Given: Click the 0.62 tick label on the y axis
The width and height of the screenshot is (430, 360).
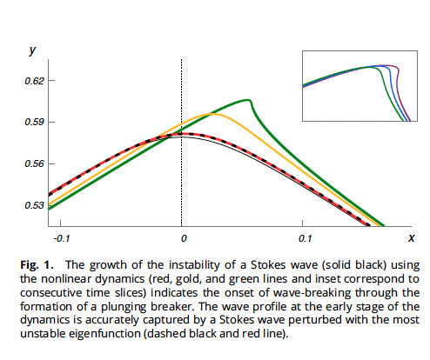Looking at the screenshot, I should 35,81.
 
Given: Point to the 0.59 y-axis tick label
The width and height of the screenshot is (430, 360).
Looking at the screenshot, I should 35,123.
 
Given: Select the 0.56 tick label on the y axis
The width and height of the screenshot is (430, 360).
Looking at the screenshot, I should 35,163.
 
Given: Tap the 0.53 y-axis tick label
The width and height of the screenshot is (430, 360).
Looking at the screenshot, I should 35,205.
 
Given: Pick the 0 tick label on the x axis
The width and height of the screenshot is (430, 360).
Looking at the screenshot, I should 182,237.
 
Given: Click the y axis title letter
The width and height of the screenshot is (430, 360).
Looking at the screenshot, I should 32,51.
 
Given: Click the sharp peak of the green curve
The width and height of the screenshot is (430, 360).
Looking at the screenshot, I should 251,101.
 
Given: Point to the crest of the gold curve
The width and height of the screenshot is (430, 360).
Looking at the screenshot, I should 209,114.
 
